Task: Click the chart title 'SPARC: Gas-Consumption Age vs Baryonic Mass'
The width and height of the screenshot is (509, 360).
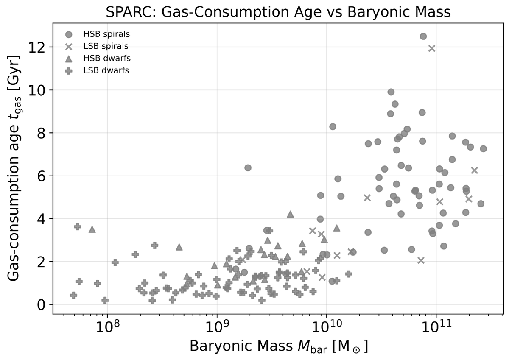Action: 255,12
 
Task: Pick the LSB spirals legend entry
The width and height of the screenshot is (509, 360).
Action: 100,46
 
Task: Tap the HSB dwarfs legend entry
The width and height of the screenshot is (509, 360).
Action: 100,58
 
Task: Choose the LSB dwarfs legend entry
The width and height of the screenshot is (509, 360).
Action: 100,70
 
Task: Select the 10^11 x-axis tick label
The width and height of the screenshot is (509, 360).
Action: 436,327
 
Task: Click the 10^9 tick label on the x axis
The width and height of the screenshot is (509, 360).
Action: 217,327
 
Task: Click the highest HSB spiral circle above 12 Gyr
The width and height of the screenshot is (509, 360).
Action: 423,36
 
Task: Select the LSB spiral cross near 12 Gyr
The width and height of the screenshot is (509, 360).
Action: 432,48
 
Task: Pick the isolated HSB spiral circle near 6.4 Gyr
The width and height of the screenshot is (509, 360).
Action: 248,168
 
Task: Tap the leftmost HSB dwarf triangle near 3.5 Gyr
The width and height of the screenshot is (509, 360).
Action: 92,229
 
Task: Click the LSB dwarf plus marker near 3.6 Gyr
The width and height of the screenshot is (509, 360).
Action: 78,226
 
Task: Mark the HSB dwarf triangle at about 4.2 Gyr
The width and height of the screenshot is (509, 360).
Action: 290,214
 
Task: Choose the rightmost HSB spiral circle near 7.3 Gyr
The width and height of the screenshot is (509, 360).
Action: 483,149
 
